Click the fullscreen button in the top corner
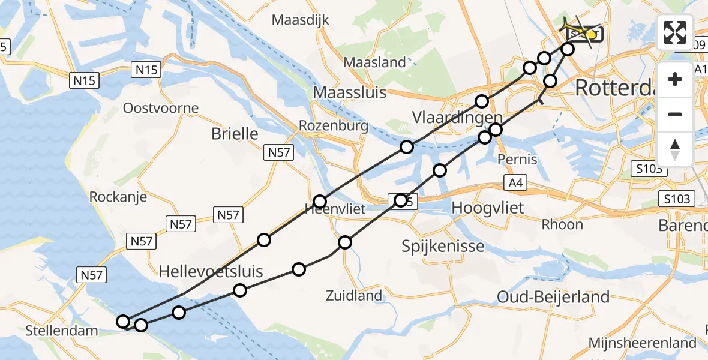675,32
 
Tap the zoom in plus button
675,79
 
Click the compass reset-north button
675,148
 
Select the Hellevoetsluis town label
211,272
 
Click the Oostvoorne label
160,109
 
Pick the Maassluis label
350,92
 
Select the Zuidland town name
353,295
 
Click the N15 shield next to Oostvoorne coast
84,80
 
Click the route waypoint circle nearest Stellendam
123,322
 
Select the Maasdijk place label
301,20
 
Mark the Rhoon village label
562,224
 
